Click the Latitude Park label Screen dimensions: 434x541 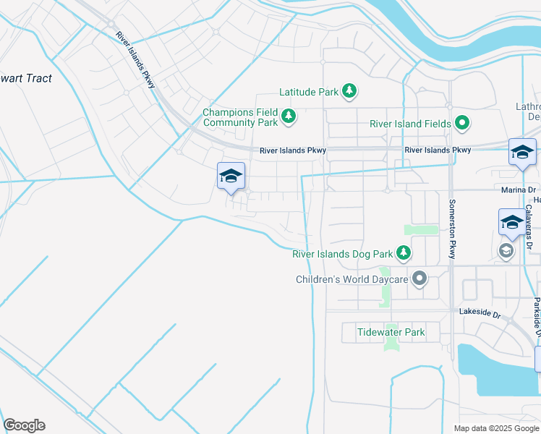click(x=309, y=93)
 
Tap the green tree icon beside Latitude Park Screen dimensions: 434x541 click(x=350, y=91)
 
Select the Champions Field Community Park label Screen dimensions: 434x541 click(x=240, y=117)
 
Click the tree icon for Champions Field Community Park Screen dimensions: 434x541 click(x=289, y=116)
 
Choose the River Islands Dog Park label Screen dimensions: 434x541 click(x=342, y=254)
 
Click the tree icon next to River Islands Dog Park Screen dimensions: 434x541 click(x=404, y=253)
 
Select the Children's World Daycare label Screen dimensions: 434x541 click(x=352, y=278)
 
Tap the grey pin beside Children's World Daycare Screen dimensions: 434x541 click(x=419, y=278)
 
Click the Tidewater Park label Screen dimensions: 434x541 click(x=391, y=333)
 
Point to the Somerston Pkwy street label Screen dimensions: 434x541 click(x=453, y=229)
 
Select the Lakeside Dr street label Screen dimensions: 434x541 click(x=480, y=314)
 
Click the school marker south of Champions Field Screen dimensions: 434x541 click(x=231, y=176)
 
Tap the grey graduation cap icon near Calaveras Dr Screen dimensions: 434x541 click(x=506, y=250)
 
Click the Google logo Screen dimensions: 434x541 click(x=24, y=425)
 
